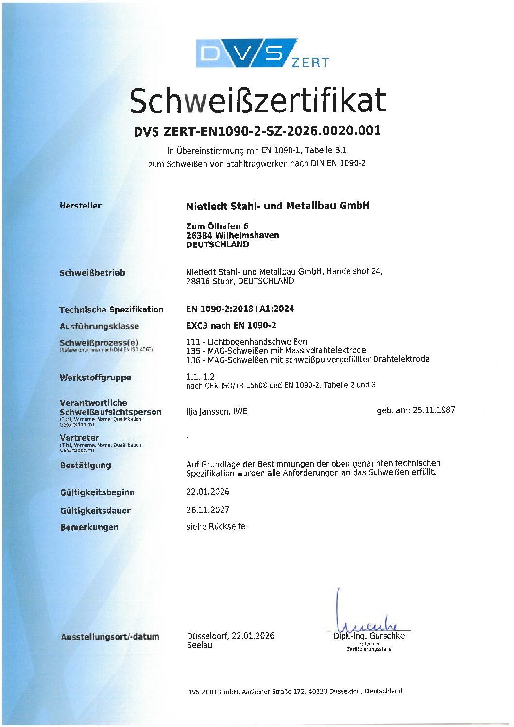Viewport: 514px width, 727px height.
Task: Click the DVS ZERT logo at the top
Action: pos(262,53)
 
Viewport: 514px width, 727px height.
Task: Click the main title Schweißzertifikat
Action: pos(257,101)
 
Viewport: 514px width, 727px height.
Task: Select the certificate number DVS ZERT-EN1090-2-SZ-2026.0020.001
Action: pos(257,131)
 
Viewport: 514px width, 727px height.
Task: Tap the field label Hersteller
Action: pos(81,206)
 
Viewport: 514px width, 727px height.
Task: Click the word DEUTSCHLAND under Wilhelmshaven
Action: pos(218,244)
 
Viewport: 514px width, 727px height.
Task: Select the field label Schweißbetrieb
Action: pos(92,273)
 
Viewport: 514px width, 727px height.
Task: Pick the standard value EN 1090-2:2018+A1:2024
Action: pos(240,309)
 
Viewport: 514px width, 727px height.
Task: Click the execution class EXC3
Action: pos(197,325)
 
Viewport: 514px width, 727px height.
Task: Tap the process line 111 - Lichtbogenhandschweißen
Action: pos(247,342)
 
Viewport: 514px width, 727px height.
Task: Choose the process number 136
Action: pos(193,360)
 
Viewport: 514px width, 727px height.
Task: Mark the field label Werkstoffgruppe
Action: pos(95,377)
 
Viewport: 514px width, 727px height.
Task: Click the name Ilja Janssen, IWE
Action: pos(217,412)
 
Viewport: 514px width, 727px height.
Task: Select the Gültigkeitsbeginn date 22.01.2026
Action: pos(208,492)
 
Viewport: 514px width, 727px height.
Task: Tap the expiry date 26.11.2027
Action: pos(208,510)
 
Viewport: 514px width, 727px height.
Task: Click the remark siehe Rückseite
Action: pos(216,526)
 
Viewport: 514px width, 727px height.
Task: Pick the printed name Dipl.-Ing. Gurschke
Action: pos(369,636)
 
